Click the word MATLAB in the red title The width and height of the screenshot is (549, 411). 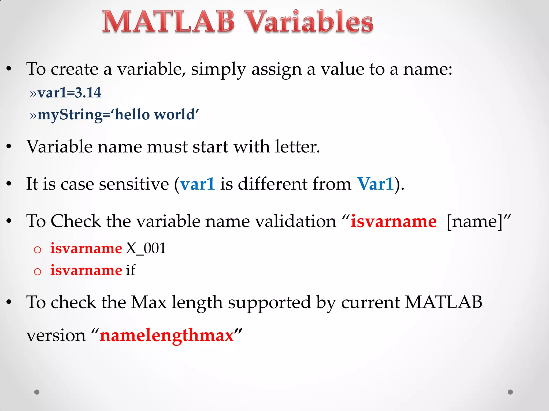coord(168,22)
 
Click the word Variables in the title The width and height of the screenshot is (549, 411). coord(309,22)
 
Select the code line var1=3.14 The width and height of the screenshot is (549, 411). coord(69,93)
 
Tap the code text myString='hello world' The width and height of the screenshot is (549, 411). coord(118,115)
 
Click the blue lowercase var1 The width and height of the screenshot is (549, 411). coord(198,184)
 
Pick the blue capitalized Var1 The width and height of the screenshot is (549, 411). coord(375,184)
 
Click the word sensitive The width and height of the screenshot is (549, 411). coord(134,184)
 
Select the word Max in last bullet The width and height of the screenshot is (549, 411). coord(149,302)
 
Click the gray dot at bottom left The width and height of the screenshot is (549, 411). coord(37,392)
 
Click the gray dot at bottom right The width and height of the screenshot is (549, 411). coord(510,392)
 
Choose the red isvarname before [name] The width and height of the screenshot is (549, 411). coord(394,222)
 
